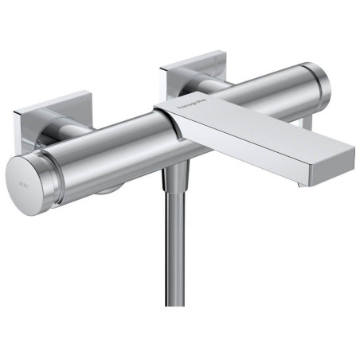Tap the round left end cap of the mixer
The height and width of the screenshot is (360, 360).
[28, 179]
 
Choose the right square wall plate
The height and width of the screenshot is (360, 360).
[196, 68]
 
